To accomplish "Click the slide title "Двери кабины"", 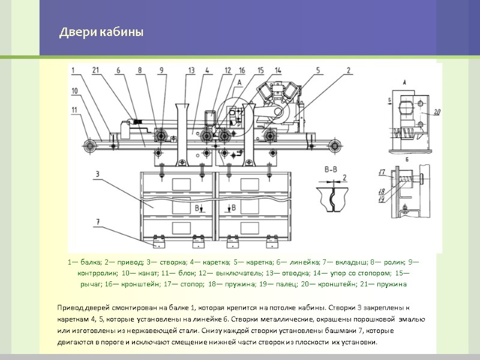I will pos(101,32).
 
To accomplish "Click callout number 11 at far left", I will pos(74,109).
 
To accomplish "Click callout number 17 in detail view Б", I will pos(382,173).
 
